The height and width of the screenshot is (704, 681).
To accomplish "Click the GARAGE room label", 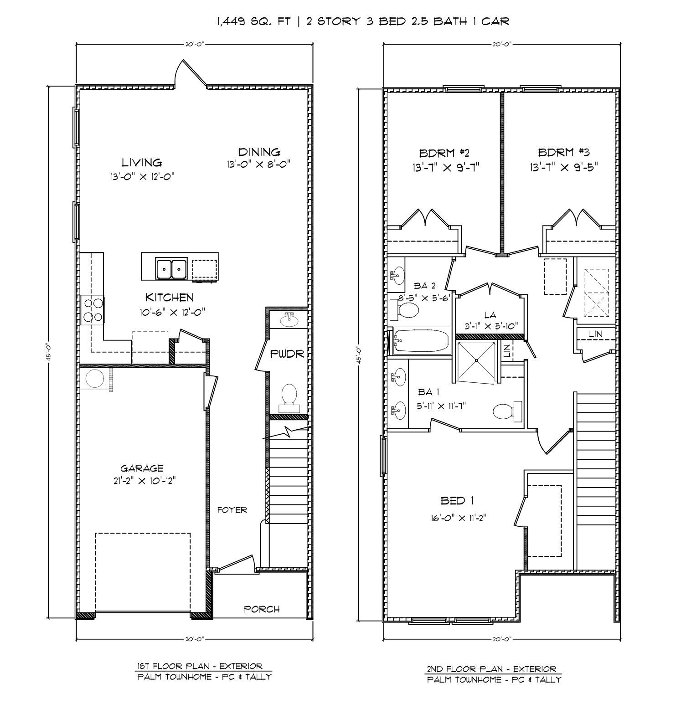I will tap(142, 468).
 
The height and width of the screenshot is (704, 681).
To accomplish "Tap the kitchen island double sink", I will tap(171, 269).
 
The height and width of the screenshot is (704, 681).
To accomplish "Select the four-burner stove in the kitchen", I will tap(93, 310).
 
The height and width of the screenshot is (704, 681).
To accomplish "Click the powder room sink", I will tap(289, 320).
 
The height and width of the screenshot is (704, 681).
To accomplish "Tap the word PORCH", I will tap(262, 609).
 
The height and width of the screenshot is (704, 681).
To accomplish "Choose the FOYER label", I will tap(232, 510).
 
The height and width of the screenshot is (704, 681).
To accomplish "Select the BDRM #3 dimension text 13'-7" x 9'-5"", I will tap(563, 167).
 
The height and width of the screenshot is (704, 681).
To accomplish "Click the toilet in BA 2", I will tap(408, 311).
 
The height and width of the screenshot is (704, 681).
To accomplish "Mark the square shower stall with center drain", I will tap(476, 360).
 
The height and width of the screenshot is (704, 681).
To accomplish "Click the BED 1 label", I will tap(457, 501).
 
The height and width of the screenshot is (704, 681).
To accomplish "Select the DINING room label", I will tap(259, 152).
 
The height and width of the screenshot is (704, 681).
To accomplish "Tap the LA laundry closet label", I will tap(490, 315).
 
